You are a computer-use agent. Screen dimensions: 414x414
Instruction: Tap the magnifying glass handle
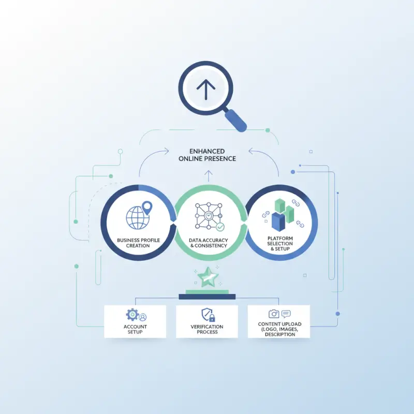click(x=236, y=121)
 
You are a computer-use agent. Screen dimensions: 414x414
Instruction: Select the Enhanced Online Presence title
click(x=207, y=155)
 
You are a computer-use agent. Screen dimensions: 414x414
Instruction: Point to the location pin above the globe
click(x=147, y=208)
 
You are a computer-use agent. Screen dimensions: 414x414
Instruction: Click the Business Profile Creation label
click(x=138, y=243)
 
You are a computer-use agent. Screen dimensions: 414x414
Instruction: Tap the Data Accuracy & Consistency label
click(x=209, y=243)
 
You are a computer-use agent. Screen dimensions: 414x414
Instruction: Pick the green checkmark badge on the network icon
click(x=220, y=227)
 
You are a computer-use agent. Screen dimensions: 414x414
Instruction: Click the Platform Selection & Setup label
click(x=280, y=243)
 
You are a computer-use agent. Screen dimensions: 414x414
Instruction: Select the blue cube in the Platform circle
click(x=278, y=222)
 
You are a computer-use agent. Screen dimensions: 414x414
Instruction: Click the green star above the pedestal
click(x=208, y=277)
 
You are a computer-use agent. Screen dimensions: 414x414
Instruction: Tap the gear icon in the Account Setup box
click(x=132, y=315)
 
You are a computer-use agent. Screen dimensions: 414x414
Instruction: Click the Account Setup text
click(x=135, y=329)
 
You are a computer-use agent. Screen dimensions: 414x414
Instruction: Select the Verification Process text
click(x=207, y=329)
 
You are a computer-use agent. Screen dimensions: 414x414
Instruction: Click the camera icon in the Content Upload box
click(x=274, y=314)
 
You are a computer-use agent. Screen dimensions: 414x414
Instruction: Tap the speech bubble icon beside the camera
click(x=286, y=314)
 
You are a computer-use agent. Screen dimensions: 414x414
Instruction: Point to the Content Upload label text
click(x=279, y=329)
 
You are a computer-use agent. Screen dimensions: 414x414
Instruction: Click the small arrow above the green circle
click(x=209, y=176)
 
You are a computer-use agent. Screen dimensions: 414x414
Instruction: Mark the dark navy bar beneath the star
click(x=207, y=297)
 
